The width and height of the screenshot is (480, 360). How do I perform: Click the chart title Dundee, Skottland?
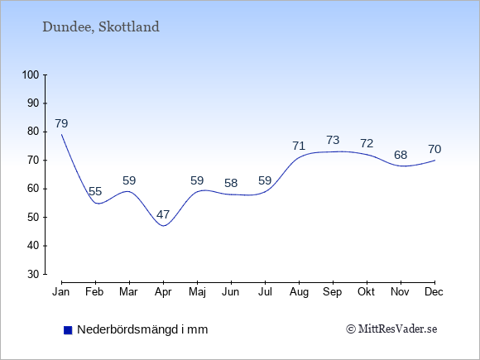tap(101, 27)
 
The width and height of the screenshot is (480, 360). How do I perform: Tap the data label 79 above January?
tap(61, 123)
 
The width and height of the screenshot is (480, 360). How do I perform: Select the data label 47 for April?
tap(163, 214)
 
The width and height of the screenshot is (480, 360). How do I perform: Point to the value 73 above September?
tap(333, 140)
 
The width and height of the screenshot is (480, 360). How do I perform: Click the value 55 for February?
tap(95, 191)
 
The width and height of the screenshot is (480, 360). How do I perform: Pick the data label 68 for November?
tap(401, 155)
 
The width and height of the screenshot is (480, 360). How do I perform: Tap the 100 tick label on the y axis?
tap(31, 74)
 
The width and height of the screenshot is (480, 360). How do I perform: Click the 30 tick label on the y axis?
tap(33, 274)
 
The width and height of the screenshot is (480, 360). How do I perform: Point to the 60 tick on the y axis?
tap(33, 189)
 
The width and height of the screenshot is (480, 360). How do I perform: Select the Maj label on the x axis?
tap(197, 292)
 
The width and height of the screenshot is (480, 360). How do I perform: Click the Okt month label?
tap(366, 292)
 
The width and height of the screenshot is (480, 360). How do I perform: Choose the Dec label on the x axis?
tap(434, 292)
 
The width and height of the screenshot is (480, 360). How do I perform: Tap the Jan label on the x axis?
tap(61, 292)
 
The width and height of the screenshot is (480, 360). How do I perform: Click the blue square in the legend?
tap(68, 330)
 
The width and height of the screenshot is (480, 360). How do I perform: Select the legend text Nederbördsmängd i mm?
tap(142, 329)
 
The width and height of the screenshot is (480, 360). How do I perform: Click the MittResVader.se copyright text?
tap(391, 329)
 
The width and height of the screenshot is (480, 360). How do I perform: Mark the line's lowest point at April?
tap(164, 226)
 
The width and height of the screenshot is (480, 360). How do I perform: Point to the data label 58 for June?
tap(231, 183)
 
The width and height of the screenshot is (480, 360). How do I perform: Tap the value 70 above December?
tap(434, 149)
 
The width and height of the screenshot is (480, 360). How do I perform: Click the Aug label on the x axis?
tap(299, 292)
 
